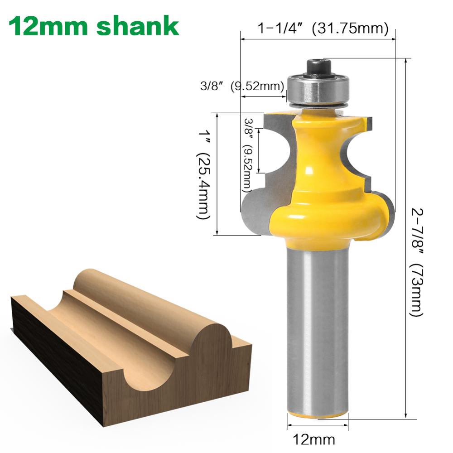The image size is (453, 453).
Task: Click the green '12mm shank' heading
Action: click(x=94, y=26)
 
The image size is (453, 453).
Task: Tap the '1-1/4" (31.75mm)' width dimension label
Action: click(x=323, y=29)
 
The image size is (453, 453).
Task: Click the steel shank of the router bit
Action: click(x=317, y=331)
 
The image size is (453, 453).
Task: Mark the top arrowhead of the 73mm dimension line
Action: click(x=406, y=62)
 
